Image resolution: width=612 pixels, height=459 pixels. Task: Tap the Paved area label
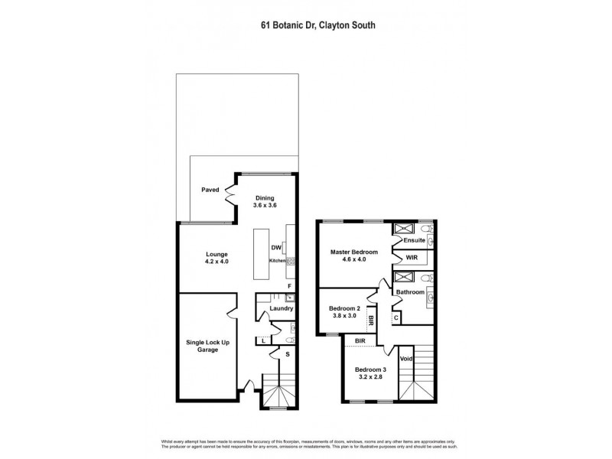tap(210, 189)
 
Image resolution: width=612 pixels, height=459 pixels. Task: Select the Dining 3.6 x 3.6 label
tap(265, 201)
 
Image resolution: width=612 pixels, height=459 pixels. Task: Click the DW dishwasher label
tap(275, 248)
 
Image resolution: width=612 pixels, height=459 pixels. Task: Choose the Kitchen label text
tap(277, 261)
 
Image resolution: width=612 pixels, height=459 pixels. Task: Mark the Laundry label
tap(282, 308)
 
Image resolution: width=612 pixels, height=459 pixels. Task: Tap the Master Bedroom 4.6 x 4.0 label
tap(354, 256)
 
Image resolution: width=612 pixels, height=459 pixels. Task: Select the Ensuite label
tap(415, 240)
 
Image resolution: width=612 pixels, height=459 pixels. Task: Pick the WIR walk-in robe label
tap(412, 258)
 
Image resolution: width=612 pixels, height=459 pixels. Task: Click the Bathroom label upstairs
tap(410, 292)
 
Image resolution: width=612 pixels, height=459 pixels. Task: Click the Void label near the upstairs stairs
tap(406, 358)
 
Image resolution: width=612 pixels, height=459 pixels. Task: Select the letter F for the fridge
tap(289, 286)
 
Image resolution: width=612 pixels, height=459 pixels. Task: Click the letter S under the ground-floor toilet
tap(287, 353)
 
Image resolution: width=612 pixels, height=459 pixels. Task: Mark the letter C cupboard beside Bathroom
tap(396, 317)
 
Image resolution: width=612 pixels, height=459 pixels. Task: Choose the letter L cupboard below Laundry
tap(263, 340)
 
